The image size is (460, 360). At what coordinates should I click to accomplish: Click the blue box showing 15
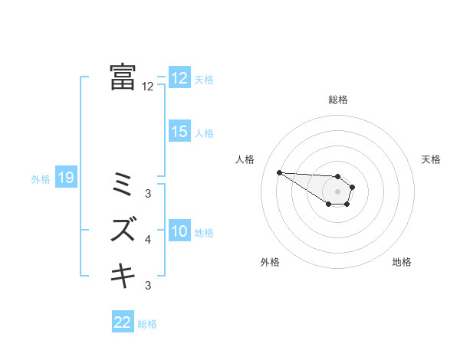pyautogui.click(x=179, y=132)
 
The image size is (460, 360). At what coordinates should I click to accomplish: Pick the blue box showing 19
pyautogui.click(x=65, y=178)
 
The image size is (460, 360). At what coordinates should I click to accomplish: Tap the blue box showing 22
pyautogui.click(x=122, y=322)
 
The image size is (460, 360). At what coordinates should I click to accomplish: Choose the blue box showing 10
pyautogui.click(x=179, y=231)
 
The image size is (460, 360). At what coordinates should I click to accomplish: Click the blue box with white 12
pyautogui.click(x=179, y=78)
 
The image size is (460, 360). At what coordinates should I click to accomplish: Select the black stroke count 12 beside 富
pyautogui.click(x=148, y=87)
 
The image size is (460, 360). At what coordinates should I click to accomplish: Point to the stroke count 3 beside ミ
pyautogui.click(x=148, y=194)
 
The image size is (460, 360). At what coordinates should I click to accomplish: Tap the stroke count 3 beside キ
pyautogui.click(x=148, y=286)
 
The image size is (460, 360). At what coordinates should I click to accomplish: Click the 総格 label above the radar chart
pyautogui.click(x=338, y=100)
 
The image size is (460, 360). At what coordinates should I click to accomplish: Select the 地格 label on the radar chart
pyautogui.click(x=402, y=262)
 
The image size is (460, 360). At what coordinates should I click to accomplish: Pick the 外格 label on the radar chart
pyautogui.click(x=270, y=262)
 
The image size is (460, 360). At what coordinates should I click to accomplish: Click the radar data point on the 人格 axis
pyautogui.click(x=279, y=172)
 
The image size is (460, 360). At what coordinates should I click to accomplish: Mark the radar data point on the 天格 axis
pyautogui.click(x=353, y=187)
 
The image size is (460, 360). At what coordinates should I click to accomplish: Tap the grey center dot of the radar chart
pyautogui.click(x=337, y=191)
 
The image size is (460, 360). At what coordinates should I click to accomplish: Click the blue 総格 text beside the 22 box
pyautogui.click(x=147, y=324)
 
